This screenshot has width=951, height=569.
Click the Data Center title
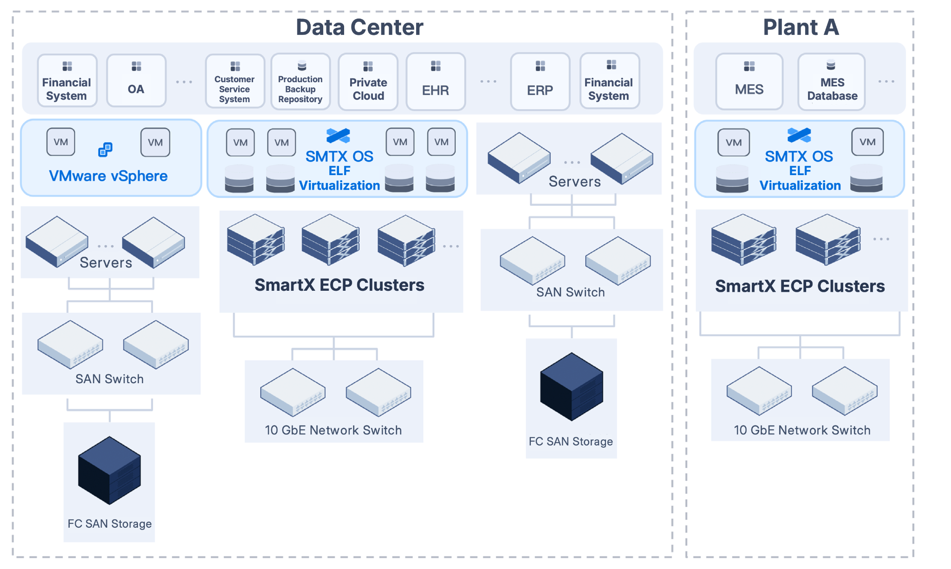point(359,27)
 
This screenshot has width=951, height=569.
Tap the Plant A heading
point(801,27)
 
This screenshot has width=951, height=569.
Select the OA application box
point(136,81)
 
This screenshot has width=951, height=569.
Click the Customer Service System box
point(235,81)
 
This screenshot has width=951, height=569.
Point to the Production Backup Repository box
point(300,81)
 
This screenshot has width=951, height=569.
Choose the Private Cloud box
point(368,81)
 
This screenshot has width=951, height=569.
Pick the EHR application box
point(436,81)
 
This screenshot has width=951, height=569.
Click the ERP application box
point(540,81)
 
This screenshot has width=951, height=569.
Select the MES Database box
point(832,81)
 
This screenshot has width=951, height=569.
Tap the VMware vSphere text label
point(108,176)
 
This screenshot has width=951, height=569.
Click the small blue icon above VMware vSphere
point(105,150)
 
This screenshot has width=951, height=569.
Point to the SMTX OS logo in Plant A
point(799,136)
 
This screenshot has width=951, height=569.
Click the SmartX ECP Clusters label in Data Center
point(339,285)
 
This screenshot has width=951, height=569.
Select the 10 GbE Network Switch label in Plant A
point(802,430)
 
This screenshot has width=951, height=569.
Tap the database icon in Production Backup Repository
point(302,65)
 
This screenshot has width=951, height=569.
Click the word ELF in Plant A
point(800,171)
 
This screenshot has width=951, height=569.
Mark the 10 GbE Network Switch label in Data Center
point(333,430)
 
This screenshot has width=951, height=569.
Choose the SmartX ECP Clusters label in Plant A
point(800,286)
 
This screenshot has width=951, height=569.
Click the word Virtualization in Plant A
point(800,185)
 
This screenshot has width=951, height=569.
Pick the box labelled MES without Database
point(749,81)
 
